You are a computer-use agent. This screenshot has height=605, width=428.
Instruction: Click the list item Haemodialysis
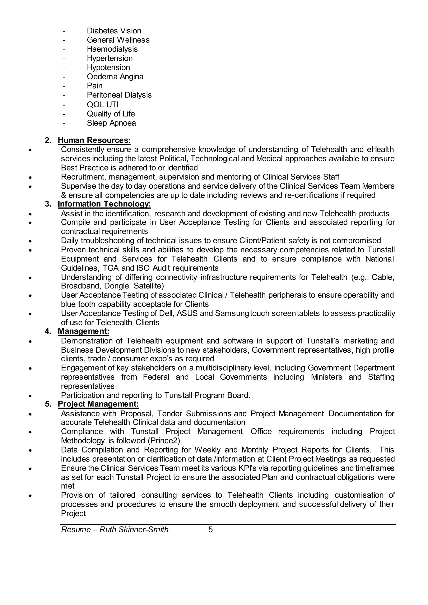point(112,49)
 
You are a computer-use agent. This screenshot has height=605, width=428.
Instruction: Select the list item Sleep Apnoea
point(111,123)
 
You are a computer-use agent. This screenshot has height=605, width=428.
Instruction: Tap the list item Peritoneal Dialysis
point(119,95)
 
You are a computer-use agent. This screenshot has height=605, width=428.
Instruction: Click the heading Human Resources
point(94,140)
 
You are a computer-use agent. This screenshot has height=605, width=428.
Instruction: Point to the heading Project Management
point(98,404)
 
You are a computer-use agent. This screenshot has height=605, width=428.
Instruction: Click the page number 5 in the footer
point(210,530)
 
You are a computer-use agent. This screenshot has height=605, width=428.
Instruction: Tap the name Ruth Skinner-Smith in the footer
point(134,530)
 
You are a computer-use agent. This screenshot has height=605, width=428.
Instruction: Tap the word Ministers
point(326,377)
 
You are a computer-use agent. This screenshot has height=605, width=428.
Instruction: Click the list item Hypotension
point(108,67)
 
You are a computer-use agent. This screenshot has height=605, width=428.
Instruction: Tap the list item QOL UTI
point(103,105)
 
